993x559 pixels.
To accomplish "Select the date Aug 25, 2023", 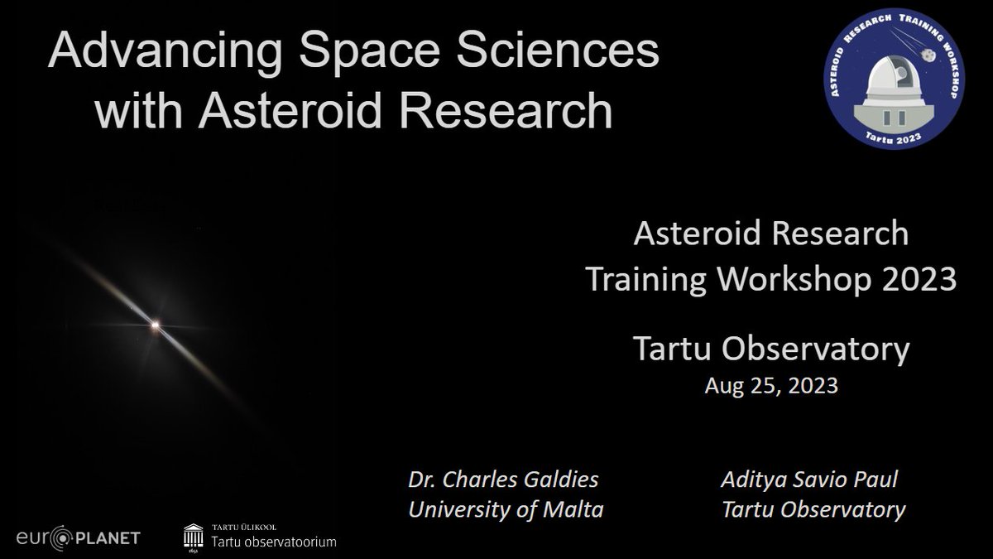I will pos(771,385).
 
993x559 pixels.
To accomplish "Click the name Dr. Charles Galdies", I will pos(505,480).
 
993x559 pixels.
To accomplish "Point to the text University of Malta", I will pos(506,508).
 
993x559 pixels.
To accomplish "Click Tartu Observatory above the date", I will pos(771,349).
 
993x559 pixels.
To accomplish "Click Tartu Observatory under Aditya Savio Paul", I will pos(814,508).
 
